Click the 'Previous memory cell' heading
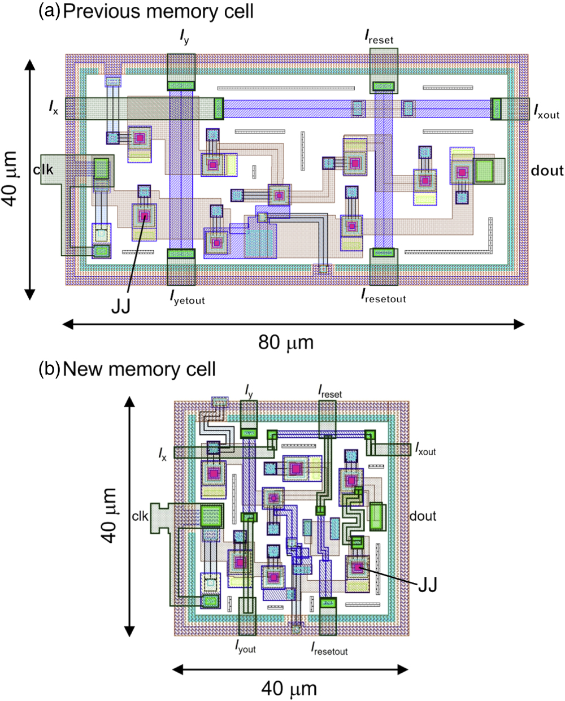158,11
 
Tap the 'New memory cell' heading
139,369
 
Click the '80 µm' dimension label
285,342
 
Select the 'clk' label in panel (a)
44,168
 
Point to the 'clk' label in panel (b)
140,516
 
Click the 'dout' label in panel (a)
547,171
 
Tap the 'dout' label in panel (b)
423,516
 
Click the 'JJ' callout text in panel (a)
120,306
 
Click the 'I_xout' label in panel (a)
546,112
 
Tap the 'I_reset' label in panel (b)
330,391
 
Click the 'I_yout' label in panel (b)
246,647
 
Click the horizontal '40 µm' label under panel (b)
289,689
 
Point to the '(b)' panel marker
49,369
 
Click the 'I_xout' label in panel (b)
425,450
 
